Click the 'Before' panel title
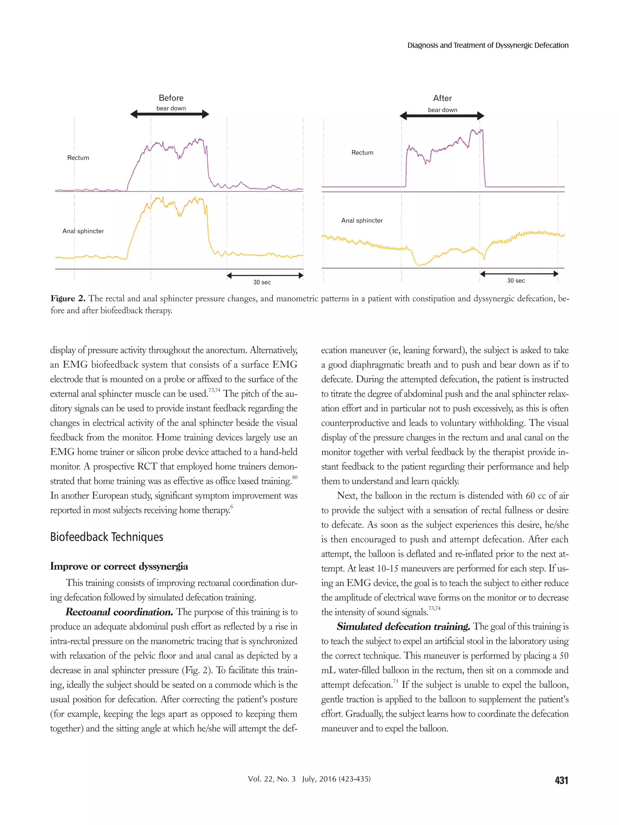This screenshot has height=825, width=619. coord(171,98)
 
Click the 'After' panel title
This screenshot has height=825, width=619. coord(442,98)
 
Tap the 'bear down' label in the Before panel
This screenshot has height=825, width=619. coord(171,108)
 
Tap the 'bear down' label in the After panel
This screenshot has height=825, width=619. coord(442,110)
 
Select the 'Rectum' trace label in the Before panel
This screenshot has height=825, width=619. coord(78,157)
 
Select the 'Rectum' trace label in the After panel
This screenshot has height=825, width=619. coord(362,153)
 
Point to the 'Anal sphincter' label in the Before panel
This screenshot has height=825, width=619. coord(83,231)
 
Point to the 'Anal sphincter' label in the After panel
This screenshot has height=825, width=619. coord(361,221)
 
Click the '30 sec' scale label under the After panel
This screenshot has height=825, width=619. coord(516,280)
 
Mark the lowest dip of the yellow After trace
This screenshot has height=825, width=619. coord(419,265)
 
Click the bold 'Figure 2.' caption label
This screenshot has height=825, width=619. coord(68,298)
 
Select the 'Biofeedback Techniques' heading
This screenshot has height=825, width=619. coord(107,537)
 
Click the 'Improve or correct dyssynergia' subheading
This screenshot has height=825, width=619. coord(119,566)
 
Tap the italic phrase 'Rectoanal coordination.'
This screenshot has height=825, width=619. coord(119,612)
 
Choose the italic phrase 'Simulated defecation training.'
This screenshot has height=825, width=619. coord(403,627)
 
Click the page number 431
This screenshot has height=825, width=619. coord(561,780)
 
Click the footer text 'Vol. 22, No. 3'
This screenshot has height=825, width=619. coord(272,779)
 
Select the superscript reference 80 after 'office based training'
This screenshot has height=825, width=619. coord(295,477)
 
